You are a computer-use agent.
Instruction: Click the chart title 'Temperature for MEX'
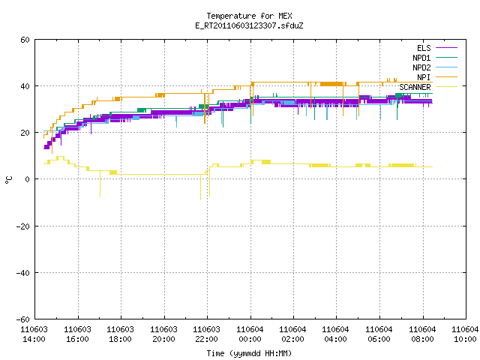pyautogui.click(x=249, y=16)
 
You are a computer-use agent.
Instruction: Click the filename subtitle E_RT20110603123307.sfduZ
pyautogui.click(x=249, y=25)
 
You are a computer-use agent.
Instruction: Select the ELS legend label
pyautogui.click(x=424, y=48)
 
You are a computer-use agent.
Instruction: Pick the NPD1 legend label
pyautogui.click(x=421, y=58)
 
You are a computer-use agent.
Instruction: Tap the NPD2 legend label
pyautogui.click(x=421, y=67)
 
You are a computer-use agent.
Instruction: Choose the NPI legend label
pyautogui.click(x=424, y=77)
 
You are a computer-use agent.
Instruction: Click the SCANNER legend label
pyautogui.click(x=415, y=87)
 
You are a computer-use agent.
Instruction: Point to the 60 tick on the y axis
pyautogui.click(x=25, y=40)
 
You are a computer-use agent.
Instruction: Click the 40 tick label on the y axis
pyautogui.click(x=25, y=86)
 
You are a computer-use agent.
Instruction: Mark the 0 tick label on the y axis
pyautogui.click(x=27, y=179)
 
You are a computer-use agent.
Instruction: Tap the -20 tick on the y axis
pyautogui.click(x=23, y=226)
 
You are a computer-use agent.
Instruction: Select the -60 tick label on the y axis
pyautogui.click(x=23, y=319)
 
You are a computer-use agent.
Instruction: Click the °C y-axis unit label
pyautogui.click(x=8, y=180)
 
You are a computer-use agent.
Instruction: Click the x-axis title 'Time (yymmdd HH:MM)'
pyautogui.click(x=249, y=353)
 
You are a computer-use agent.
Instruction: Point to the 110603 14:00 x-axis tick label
pyautogui.click(x=34, y=334)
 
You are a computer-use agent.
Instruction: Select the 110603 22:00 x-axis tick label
pyautogui.click(x=207, y=334)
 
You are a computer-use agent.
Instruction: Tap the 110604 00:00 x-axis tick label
pyautogui.click(x=250, y=334)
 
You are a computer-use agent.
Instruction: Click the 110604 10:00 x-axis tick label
pyautogui.click(x=465, y=334)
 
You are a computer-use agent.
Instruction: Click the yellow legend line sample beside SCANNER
pyautogui.click(x=446, y=87)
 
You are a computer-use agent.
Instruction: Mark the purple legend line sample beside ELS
pyautogui.click(x=446, y=48)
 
